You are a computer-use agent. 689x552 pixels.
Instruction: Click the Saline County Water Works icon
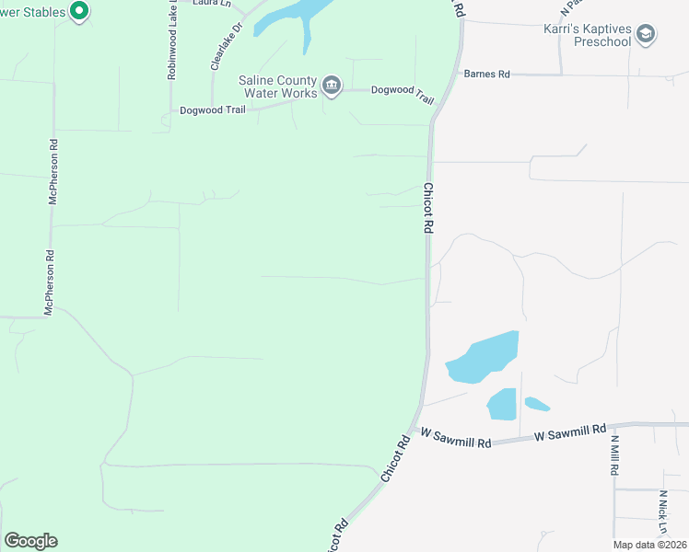click(332, 86)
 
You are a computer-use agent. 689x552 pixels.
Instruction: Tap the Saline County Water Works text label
click(277, 86)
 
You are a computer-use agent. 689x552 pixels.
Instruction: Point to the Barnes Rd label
click(486, 74)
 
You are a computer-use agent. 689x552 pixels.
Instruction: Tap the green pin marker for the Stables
click(78, 11)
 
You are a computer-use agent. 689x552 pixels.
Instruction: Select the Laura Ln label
click(210, 3)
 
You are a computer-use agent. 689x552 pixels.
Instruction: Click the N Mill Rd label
click(614, 454)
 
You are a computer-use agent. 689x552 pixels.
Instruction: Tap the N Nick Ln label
click(662, 512)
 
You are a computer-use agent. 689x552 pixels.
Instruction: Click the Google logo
click(30, 541)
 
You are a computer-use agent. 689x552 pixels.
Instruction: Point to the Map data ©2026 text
click(649, 545)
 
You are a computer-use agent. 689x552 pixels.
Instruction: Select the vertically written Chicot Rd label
click(428, 208)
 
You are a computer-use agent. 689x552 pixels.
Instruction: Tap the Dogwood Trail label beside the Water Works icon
click(402, 90)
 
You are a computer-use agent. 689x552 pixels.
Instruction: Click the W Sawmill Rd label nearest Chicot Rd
click(452, 432)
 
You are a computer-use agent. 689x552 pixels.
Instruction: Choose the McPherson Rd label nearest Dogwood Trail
click(53, 172)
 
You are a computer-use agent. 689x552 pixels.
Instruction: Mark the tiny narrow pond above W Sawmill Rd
click(537, 404)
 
